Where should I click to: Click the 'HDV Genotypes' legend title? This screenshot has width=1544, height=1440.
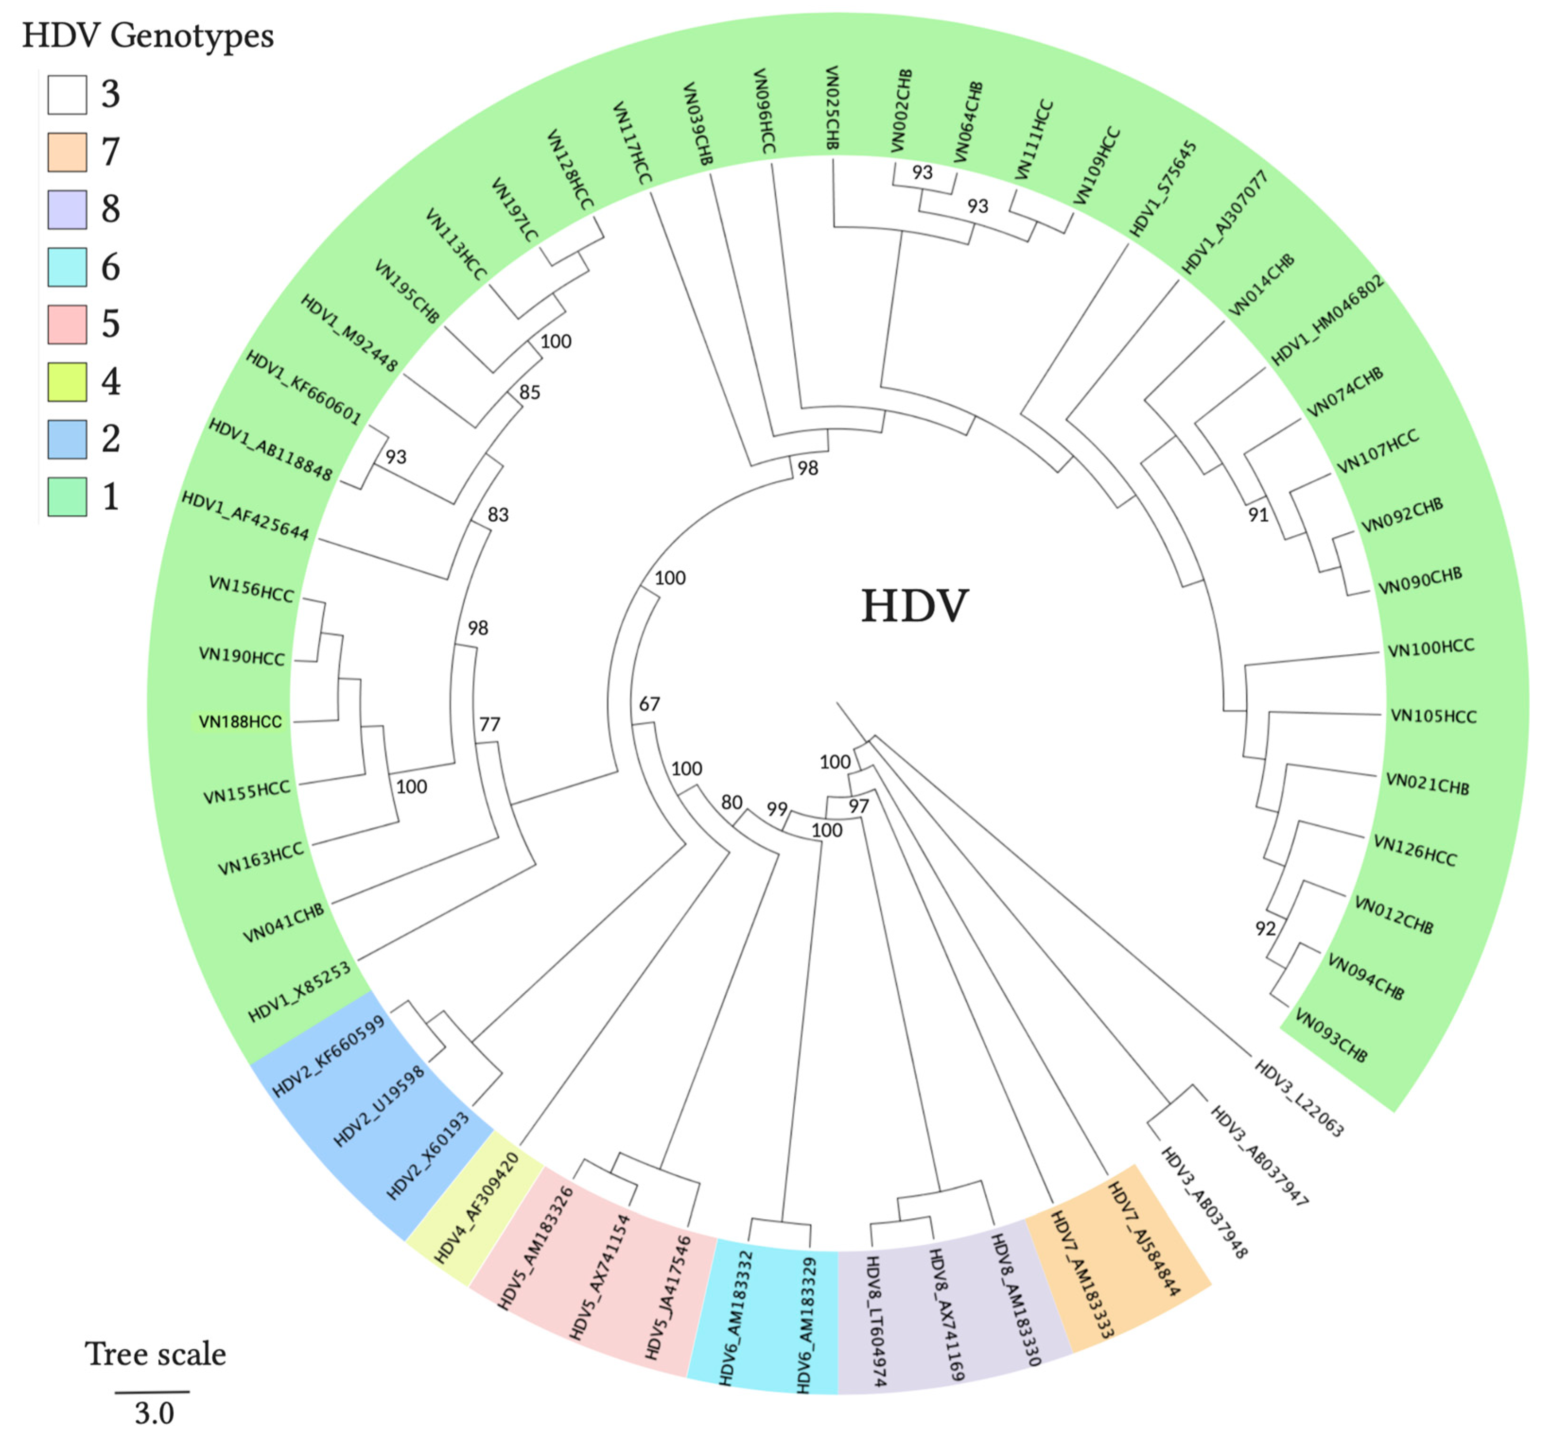147,36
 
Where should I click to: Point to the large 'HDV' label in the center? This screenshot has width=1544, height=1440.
914,606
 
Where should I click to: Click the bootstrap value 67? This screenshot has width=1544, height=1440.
649,703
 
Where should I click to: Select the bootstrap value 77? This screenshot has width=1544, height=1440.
489,724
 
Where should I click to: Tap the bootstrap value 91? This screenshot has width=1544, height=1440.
1258,514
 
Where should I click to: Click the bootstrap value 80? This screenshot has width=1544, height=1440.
732,802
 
